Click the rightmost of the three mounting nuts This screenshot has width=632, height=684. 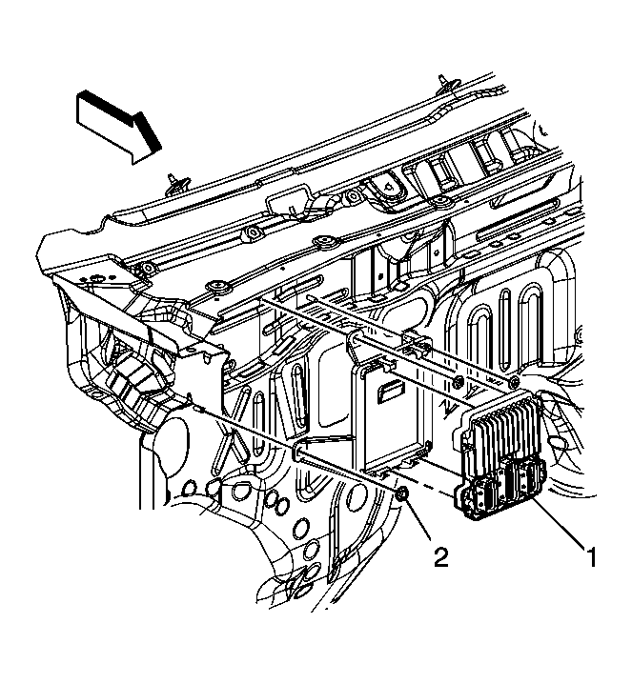(516, 383)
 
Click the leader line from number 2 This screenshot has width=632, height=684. (420, 523)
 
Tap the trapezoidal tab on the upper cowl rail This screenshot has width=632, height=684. (287, 204)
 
